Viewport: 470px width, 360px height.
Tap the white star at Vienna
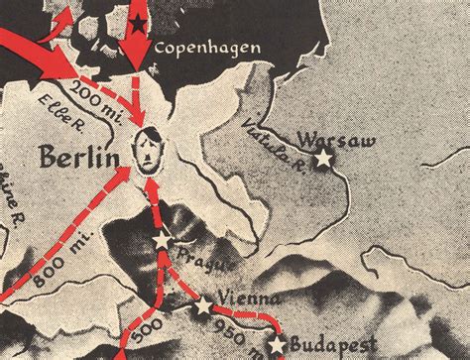point(204,306)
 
